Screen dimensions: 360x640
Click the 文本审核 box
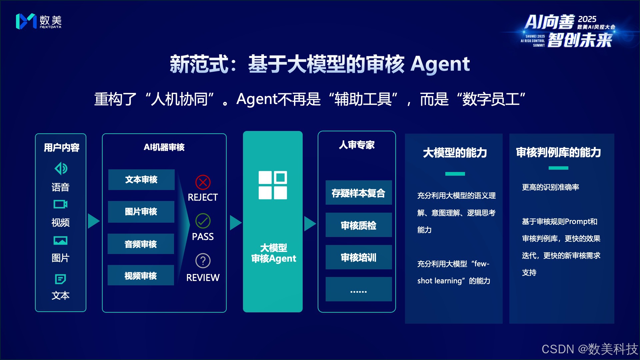pyautogui.click(x=141, y=180)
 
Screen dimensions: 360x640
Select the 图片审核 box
pyautogui.click(x=141, y=212)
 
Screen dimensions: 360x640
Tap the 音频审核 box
pyautogui.click(x=141, y=244)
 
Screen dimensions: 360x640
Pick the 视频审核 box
pyautogui.click(x=141, y=275)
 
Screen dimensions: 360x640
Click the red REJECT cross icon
pyautogui.click(x=203, y=182)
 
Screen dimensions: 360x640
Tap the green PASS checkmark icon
pyautogui.click(x=203, y=221)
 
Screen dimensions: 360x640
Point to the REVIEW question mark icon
pyautogui.click(x=203, y=261)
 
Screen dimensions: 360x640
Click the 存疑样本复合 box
pyautogui.click(x=358, y=193)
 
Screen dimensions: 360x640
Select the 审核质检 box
pyautogui.click(x=358, y=225)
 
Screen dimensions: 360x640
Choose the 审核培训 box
pyautogui.click(x=358, y=257)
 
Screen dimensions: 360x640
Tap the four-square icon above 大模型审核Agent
pyautogui.click(x=273, y=185)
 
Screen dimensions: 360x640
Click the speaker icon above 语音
pyautogui.click(x=61, y=168)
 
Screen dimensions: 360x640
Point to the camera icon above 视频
pyautogui.click(x=60, y=204)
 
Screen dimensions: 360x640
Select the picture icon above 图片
pyautogui.click(x=60, y=240)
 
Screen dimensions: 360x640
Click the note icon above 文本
pyautogui.click(x=60, y=279)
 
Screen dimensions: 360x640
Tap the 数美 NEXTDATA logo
pyautogui.click(x=39, y=22)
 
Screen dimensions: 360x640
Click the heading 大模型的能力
pyautogui.click(x=455, y=153)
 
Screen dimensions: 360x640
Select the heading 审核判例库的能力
pyautogui.click(x=558, y=152)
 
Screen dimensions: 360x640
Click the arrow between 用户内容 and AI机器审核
pyautogui.click(x=94, y=221)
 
